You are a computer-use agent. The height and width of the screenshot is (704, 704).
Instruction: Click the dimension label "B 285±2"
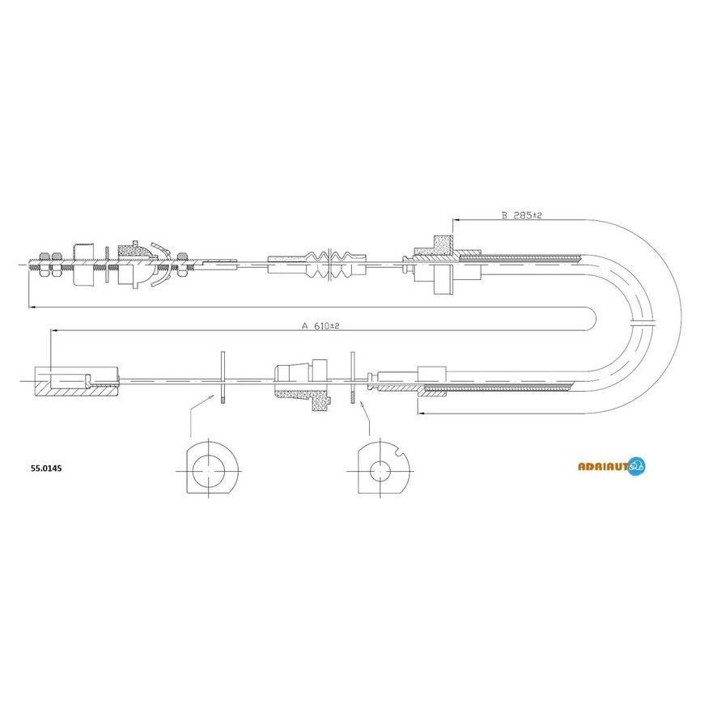(x=521, y=215)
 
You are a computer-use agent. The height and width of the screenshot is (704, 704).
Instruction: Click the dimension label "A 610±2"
(x=320, y=326)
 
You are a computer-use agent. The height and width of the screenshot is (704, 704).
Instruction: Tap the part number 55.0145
(x=46, y=469)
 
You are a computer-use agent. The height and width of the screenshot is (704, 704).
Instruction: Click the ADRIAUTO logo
(x=612, y=466)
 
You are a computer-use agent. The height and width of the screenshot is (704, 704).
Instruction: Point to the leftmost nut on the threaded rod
(x=44, y=265)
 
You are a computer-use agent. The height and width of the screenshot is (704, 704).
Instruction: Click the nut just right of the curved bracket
(x=182, y=265)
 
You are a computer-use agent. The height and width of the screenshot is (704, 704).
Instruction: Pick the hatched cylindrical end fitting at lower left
(x=76, y=381)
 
